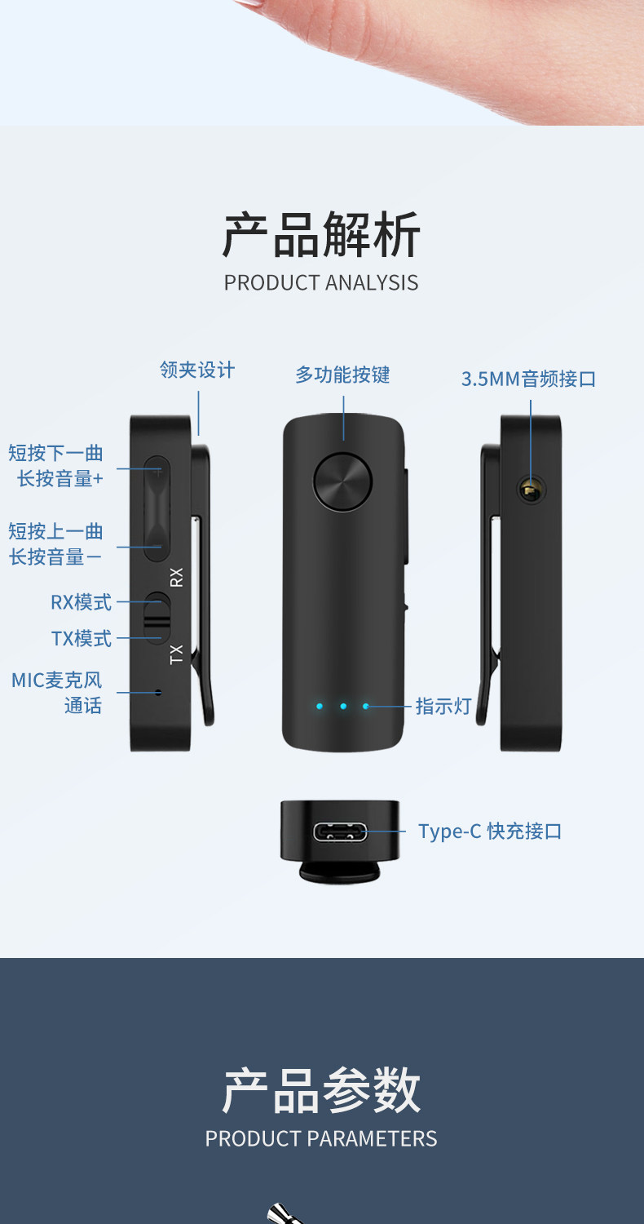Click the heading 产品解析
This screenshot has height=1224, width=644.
[321, 235]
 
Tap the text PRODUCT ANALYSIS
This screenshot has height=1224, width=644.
[321, 282]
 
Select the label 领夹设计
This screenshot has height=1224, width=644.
[197, 370]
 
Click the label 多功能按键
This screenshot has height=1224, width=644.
[342, 375]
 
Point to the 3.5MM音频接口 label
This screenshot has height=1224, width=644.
[528, 379]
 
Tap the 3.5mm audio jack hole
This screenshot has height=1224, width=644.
[531, 490]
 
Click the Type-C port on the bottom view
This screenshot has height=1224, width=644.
[340, 832]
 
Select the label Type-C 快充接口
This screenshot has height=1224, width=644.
[490, 832]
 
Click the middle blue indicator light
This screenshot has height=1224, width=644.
[343, 706]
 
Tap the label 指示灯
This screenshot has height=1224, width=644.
[443, 706]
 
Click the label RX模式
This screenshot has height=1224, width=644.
[81, 602]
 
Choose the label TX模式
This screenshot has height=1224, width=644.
[82, 638]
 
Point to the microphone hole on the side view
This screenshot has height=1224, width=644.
[158, 693]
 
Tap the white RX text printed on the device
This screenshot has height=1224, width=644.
[177, 577]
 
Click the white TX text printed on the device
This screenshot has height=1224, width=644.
[177, 654]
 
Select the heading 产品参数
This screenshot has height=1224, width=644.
[321, 1090]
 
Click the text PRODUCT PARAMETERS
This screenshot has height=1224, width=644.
[321, 1138]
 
